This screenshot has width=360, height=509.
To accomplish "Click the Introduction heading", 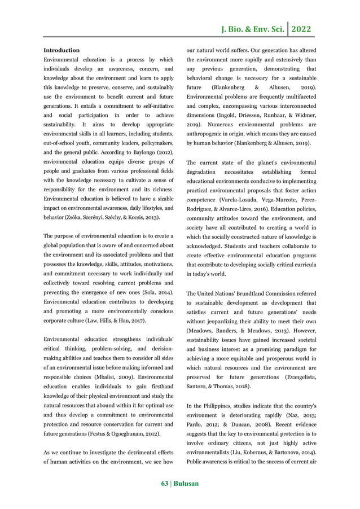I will click(62, 50).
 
